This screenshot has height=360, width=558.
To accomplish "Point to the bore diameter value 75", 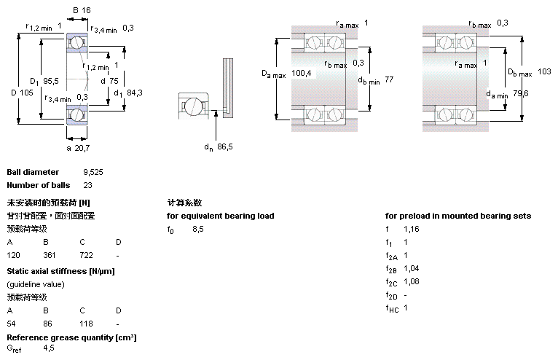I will pos(114,81).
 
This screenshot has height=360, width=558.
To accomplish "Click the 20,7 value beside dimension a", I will pos(82,148).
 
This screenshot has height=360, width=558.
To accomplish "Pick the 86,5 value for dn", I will pos(225,146).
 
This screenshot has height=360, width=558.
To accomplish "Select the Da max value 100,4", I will pos(302,73).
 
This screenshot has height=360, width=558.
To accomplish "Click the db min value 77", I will pos(389,79).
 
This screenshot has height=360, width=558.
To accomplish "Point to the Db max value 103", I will pos(544,71).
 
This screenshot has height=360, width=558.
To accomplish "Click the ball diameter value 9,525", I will pos(94,172).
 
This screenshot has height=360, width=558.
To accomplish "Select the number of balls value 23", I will pos(87,185).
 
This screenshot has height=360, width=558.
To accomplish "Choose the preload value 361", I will pos(50,256).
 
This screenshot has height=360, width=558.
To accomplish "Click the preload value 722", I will pos(86,256).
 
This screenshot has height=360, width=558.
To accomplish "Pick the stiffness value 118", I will pos(85,323).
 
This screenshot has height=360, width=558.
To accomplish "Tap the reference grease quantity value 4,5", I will pos(49,349).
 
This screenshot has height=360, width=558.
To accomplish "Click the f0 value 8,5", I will pos(198,229).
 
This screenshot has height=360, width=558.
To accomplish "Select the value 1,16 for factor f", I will pos(411,229).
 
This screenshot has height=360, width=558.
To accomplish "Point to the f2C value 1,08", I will pos(412,281).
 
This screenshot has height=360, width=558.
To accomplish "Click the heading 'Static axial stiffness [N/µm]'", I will pos(60,271).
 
